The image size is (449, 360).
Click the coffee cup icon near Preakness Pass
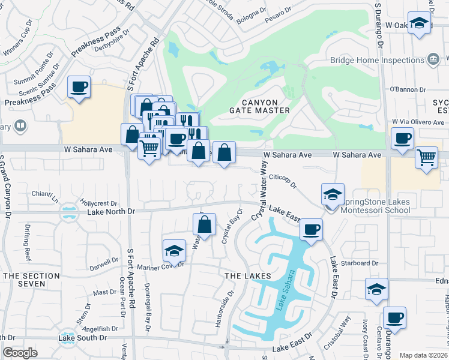point(79,88)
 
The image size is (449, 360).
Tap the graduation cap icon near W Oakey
point(420,23)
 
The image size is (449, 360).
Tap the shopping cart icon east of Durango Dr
point(426,158)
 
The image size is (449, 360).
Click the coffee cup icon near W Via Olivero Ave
point(402,138)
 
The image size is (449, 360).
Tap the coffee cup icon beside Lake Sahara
point(311,230)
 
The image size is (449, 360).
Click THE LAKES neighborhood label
point(244,275)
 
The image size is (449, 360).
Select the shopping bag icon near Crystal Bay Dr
point(204,226)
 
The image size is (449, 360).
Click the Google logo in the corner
point(20,353)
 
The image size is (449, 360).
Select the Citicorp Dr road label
point(283,181)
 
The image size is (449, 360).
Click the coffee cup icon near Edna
point(394,317)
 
